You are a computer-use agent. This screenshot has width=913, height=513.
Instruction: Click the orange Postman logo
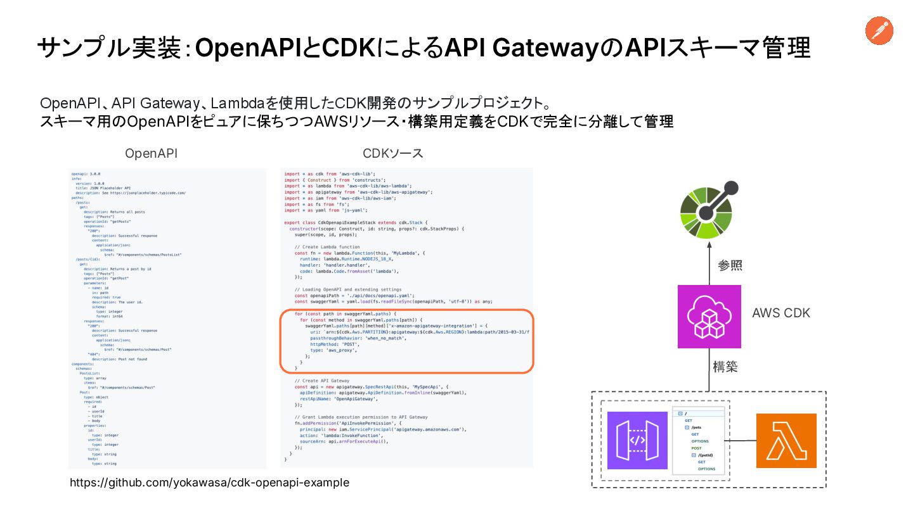click(x=879, y=31)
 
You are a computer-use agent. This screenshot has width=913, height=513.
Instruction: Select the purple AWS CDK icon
click(x=709, y=316)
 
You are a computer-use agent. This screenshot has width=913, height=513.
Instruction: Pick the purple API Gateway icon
click(x=637, y=441)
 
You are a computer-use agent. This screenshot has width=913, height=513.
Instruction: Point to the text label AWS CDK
click(x=780, y=313)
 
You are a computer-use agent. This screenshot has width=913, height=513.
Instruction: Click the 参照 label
click(x=729, y=265)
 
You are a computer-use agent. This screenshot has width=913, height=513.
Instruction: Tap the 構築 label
click(x=725, y=367)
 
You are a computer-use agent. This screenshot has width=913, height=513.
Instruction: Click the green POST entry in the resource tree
click(x=696, y=448)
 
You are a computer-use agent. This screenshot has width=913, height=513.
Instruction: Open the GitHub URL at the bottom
click(x=209, y=483)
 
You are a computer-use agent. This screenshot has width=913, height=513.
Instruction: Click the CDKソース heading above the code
click(x=392, y=153)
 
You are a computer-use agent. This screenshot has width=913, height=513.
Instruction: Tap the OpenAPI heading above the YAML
click(x=151, y=153)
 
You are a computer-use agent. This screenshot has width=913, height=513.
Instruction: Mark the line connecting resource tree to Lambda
click(x=741, y=441)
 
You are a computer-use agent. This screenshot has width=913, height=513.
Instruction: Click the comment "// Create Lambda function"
click(x=327, y=246)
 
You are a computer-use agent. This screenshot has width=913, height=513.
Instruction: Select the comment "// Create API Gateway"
click(x=322, y=381)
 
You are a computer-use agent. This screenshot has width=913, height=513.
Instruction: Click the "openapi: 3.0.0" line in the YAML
click(x=86, y=174)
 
